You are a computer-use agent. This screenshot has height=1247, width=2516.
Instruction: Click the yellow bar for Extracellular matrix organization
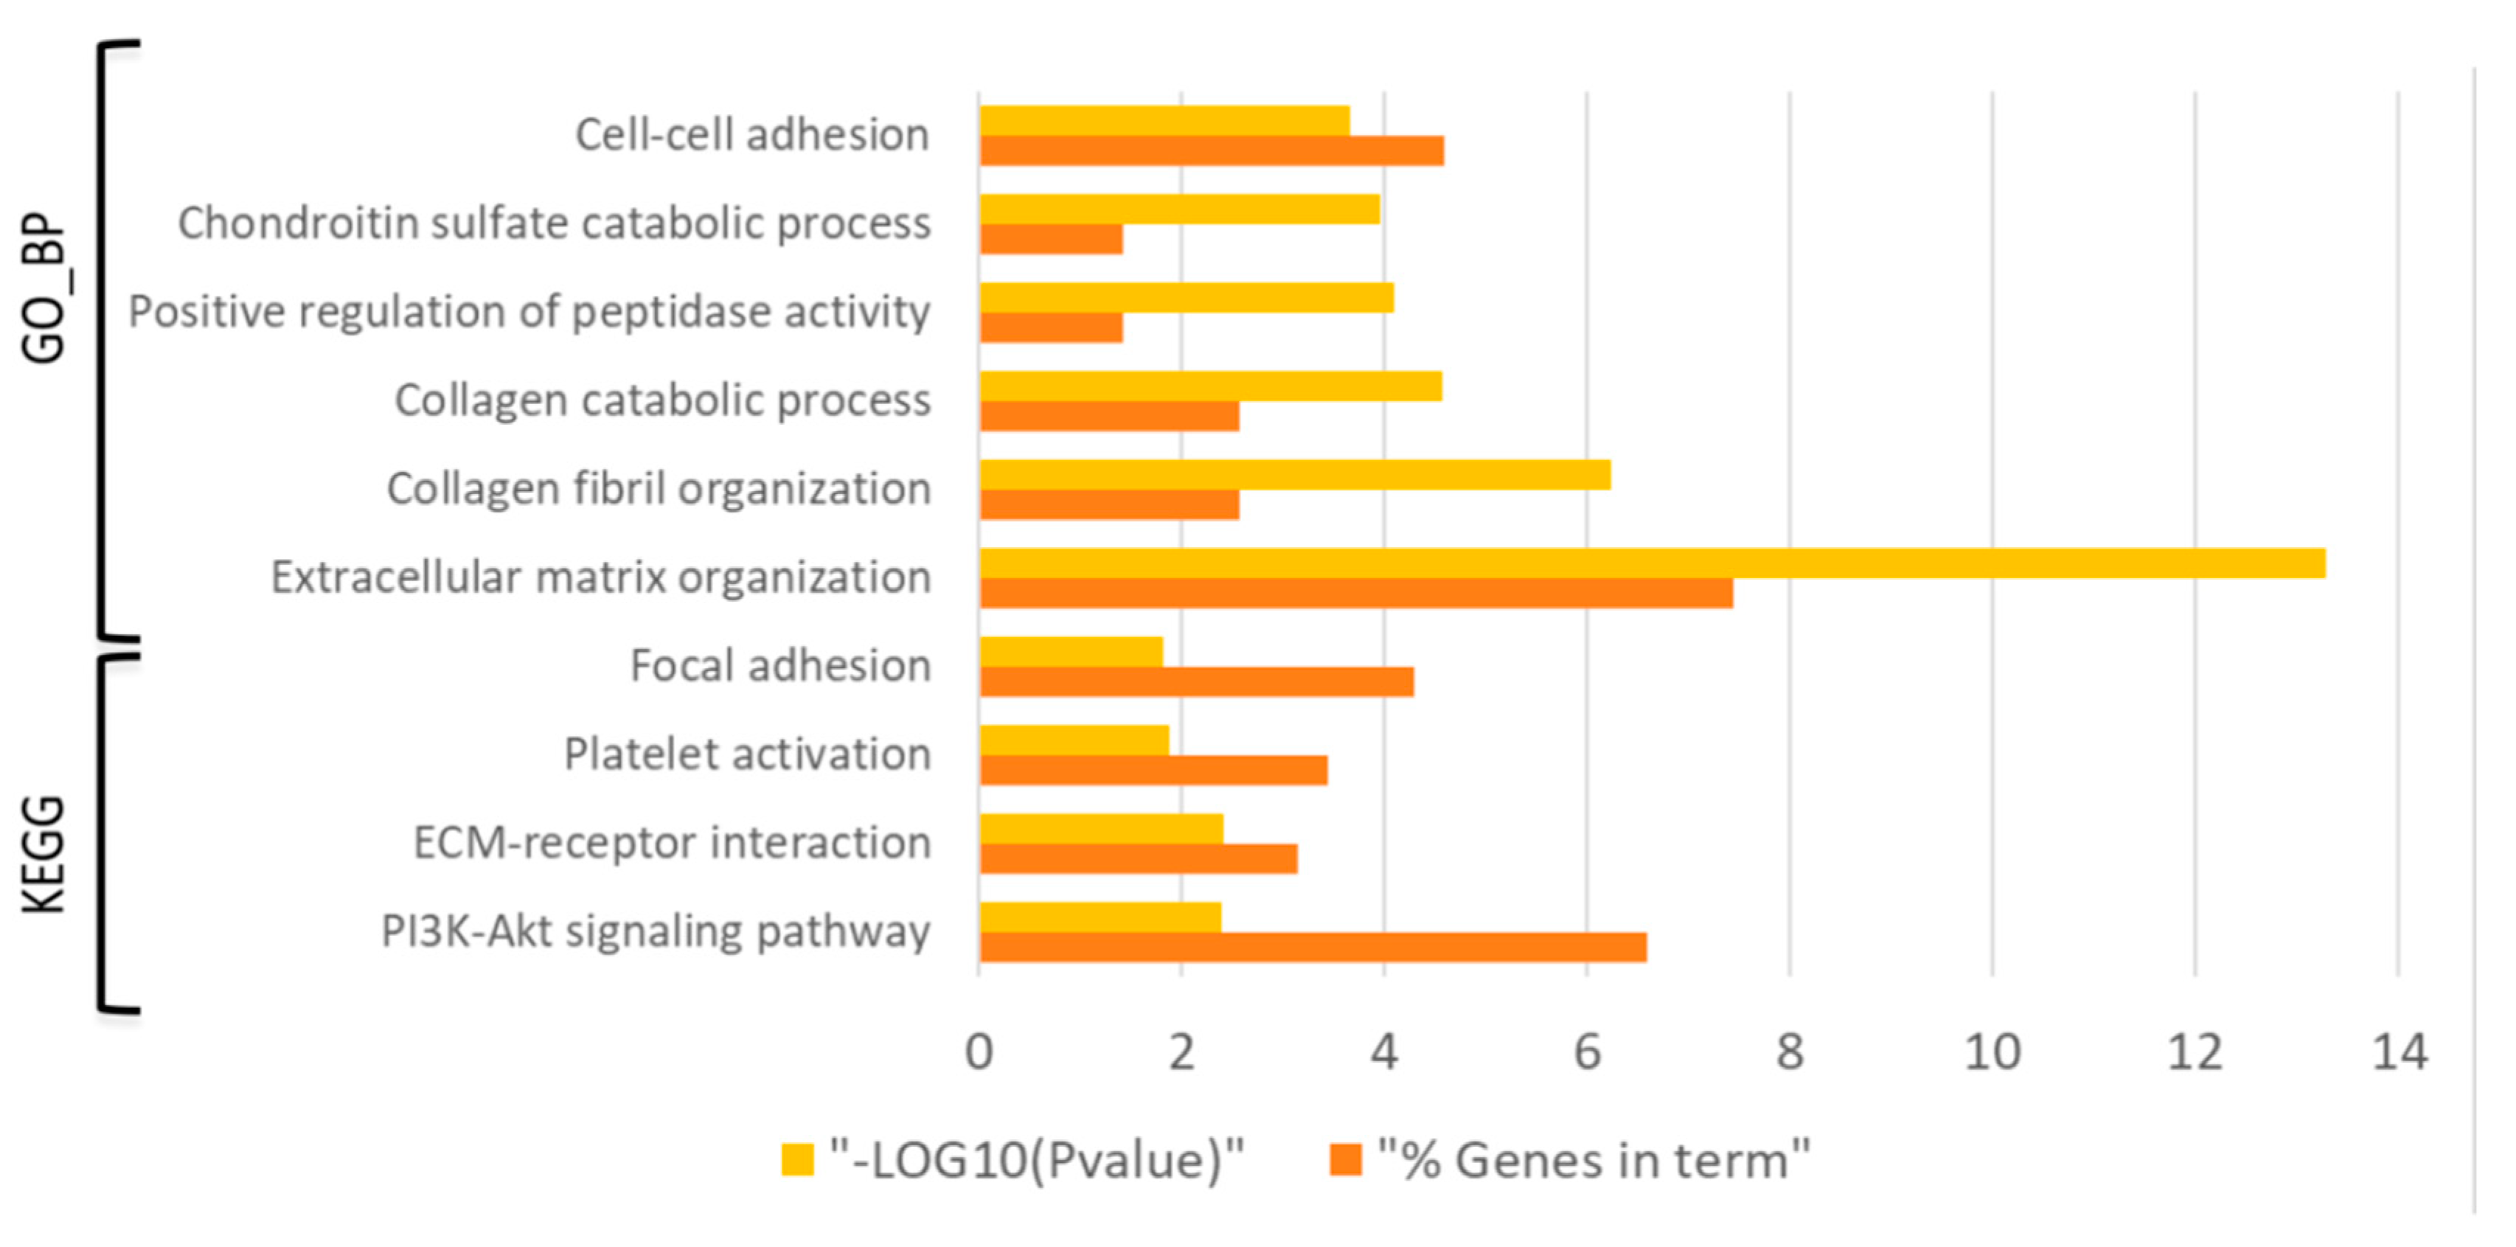click(x=1650, y=563)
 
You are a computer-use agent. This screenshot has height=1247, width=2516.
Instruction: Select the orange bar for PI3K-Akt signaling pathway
click(x=1313, y=947)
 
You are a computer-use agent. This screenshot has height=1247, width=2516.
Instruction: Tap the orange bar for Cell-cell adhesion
click(x=1211, y=150)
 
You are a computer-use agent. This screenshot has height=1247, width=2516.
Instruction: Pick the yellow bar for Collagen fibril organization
click(x=1294, y=475)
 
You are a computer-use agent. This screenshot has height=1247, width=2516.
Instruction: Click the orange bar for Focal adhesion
click(x=1197, y=681)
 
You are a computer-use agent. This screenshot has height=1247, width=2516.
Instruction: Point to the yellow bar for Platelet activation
click(x=1074, y=740)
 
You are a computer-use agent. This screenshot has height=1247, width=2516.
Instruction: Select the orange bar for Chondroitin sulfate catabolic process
click(x=1051, y=239)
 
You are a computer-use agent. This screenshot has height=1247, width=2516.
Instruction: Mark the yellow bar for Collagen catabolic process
click(x=1210, y=386)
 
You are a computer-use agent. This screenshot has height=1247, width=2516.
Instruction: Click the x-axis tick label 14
click(x=2399, y=1052)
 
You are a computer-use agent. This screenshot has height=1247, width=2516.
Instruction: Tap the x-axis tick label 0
click(x=979, y=1052)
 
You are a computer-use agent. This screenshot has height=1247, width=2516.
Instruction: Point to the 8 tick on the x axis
click(x=1790, y=1052)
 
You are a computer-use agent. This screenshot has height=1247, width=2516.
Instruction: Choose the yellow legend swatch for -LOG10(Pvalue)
click(x=797, y=1160)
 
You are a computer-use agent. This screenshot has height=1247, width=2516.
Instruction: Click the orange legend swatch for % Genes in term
click(x=1345, y=1160)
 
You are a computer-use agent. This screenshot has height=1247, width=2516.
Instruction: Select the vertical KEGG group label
click(x=44, y=855)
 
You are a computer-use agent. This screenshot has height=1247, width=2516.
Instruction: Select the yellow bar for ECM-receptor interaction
click(x=1101, y=829)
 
